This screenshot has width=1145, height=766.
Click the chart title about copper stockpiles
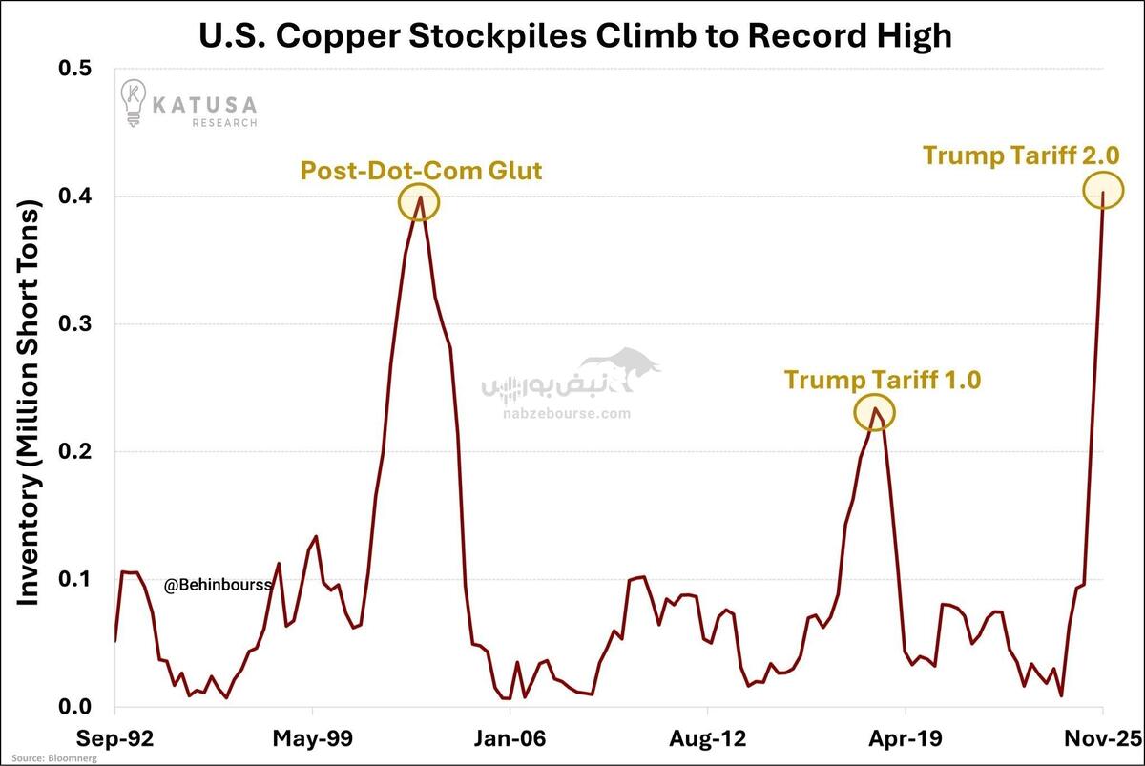click(574, 35)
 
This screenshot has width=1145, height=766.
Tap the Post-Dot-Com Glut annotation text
click(421, 172)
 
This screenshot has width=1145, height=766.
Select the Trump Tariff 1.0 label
click(883, 380)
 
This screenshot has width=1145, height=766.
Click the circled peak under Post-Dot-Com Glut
click(419, 202)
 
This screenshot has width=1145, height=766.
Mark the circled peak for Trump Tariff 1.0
click(874, 412)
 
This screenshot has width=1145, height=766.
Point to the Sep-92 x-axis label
click(114, 737)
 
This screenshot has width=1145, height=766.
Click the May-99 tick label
click(312, 737)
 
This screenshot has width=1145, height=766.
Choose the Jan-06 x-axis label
click(510, 737)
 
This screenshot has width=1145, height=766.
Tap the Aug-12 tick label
click(707, 737)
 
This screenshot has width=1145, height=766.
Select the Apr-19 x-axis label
click(905, 737)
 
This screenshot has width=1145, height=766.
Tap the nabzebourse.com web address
click(567, 414)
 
